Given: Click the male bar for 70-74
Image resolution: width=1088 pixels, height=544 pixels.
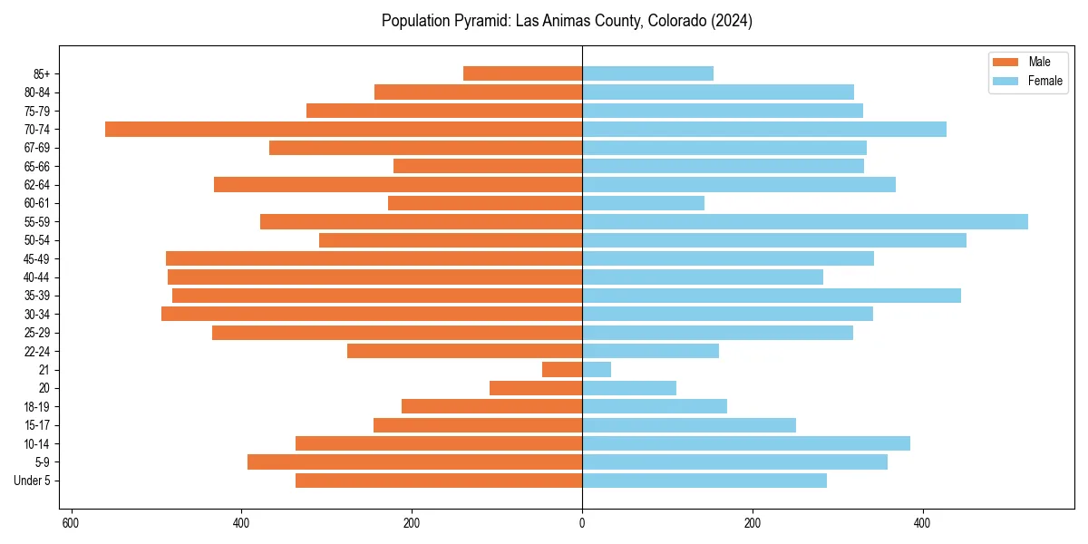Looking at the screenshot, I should tap(345, 130).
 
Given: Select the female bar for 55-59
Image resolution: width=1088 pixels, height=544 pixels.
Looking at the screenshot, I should tap(804, 222).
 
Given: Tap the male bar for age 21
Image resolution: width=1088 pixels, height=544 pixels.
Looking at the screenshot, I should tap(562, 370).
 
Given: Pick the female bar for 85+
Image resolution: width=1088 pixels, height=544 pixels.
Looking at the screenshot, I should tap(647, 73).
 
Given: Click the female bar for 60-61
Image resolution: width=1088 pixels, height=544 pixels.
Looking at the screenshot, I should tap(643, 203).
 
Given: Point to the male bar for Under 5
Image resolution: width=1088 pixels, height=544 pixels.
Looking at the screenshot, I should tap(439, 481).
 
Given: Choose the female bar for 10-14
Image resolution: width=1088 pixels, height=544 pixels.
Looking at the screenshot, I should tap(745, 443).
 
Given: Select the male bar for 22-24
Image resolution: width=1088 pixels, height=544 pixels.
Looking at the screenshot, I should tap(464, 351).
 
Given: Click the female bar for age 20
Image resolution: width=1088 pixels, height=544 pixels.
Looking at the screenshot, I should tap(628, 388).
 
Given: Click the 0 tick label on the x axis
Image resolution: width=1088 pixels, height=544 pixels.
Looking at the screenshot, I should tap(582, 523).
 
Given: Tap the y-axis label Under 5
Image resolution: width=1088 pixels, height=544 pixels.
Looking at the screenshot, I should tap(32, 481).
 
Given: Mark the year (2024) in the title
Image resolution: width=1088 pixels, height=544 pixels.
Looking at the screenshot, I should tap(731, 21).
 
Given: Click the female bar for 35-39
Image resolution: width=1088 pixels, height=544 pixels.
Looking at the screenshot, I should tap(771, 296).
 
